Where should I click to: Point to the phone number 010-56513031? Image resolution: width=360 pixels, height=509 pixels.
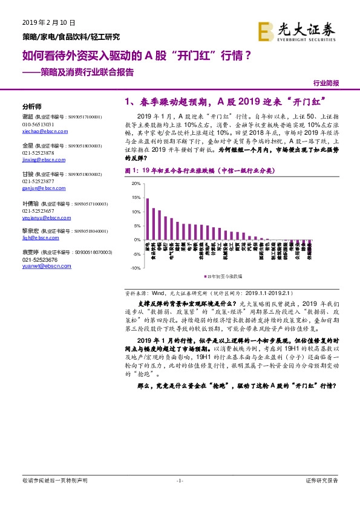(x=38, y=124)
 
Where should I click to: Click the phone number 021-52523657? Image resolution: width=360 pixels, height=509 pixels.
(x=38, y=209)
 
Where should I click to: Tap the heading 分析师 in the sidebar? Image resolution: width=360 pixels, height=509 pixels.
(x=31, y=104)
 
